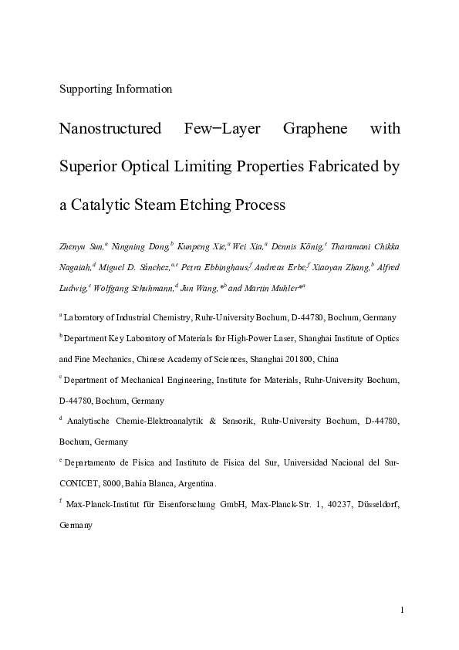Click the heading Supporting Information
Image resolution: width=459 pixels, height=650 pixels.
(x=116, y=88)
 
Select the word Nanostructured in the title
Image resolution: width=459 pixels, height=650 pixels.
(x=110, y=128)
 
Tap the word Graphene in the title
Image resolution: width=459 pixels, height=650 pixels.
(x=312, y=128)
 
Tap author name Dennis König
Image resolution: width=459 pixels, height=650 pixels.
(x=298, y=246)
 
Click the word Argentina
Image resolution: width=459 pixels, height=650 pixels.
(x=196, y=483)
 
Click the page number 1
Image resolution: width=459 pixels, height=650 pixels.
(x=402, y=611)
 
